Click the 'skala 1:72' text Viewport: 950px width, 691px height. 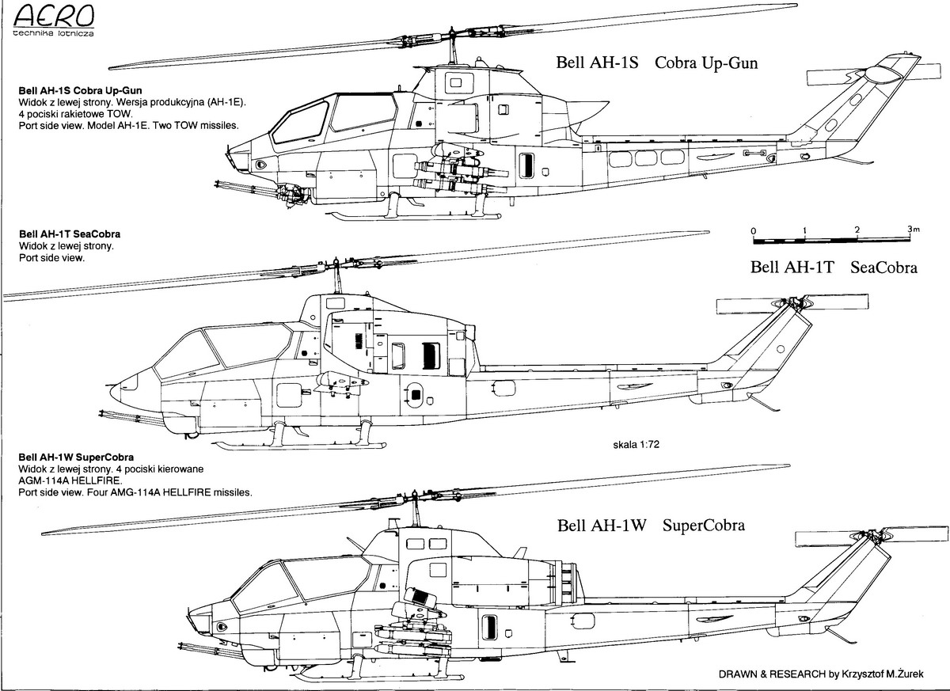pyautogui.click(x=635, y=445)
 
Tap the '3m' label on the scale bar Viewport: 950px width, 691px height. pyautogui.click(x=914, y=230)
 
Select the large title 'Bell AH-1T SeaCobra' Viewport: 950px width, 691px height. pyautogui.click(x=833, y=268)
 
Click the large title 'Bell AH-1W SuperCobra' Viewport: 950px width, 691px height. pyautogui.click(x=651, y=526)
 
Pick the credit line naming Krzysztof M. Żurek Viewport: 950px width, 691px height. pyautogui.click(x=824, y=675)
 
